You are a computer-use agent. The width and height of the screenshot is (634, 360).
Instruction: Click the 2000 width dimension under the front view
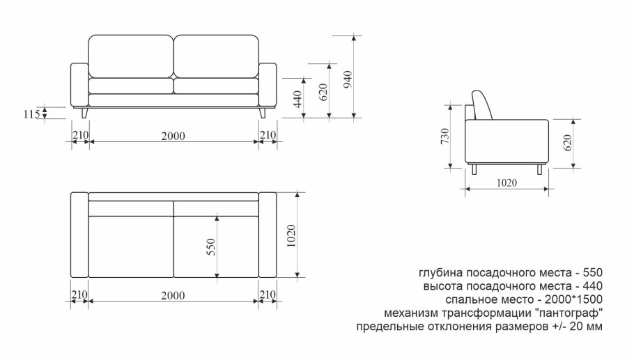[173, 136]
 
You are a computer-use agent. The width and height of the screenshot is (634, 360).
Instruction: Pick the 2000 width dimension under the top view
[173, 295]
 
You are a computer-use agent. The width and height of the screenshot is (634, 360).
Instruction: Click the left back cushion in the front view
[130, 56]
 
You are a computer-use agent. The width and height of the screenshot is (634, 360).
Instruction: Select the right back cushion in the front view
[215, 56]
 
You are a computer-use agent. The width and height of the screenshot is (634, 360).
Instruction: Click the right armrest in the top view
[268, 235]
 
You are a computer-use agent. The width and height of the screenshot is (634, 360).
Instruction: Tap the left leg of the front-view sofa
[85, 113]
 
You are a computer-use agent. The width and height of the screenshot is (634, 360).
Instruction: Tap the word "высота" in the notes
[442, 285]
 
